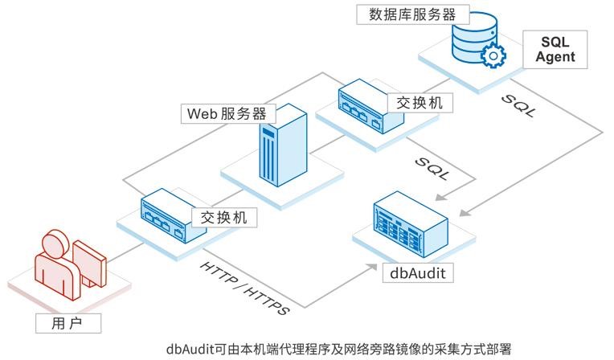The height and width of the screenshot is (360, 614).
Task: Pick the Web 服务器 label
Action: pyautogui.click(x=226, y=112)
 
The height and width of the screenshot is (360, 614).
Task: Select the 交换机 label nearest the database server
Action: pyautogui.click(x=419, y=102)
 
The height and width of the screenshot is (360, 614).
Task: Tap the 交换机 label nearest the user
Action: pyautogui.click(x=218, y=217)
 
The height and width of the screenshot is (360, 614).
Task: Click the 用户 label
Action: pyautogui.click(x=68, y=323)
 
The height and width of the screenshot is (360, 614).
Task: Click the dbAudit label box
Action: pyautogui.click(x=417, y=272)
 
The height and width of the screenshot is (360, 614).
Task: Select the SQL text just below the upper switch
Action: pyautogui.click(x=432, y=166)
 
